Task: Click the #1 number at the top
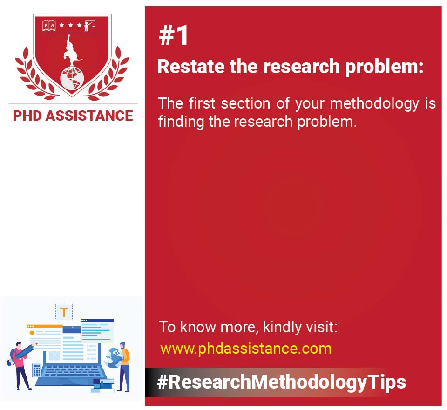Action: point(174,36)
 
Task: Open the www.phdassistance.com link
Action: point(245,348)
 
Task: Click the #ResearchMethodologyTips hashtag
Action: point(281,382)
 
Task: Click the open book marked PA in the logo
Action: point(49,25)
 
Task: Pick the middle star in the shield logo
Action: point(70,25)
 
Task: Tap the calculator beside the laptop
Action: point(36,369)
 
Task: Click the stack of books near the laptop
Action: point(102,385)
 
